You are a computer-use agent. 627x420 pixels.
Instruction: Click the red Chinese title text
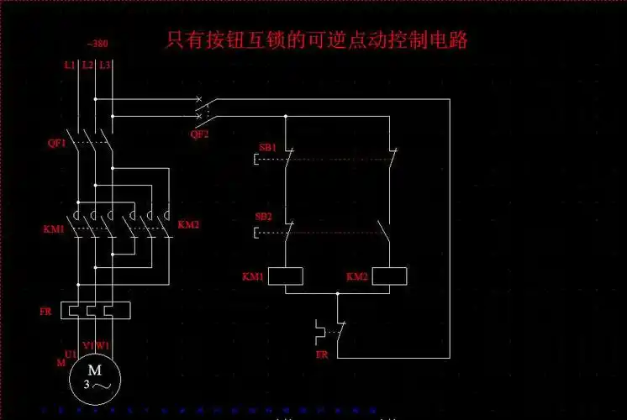point(317,39)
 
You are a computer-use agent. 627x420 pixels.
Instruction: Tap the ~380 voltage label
point(97,44)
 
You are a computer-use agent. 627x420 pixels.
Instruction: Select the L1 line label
point(69,65)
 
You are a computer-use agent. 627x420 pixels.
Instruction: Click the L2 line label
point(87,65)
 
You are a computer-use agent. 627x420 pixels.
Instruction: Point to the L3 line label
point(104,65)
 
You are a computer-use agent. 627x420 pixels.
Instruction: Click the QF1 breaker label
point(56,144)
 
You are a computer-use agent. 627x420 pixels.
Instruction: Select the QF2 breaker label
point(199,134)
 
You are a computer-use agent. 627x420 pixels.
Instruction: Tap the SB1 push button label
point(266,148)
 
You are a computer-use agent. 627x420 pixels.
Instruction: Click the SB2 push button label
point(263,217)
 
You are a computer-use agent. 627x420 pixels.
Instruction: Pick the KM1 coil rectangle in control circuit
point(285,276)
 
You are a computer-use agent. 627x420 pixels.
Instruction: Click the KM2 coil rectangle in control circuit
point(388,276)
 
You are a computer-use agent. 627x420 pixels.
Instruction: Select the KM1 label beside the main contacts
point(53,228)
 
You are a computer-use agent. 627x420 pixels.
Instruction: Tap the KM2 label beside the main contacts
point(188,225)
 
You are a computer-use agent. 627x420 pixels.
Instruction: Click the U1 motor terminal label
point(71,354)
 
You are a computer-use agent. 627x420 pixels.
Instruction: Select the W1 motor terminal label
point(103,345)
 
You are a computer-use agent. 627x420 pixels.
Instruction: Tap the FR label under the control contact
point(321,354)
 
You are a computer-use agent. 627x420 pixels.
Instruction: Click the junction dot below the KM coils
point(337,294)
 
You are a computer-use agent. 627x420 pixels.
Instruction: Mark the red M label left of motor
point(61,363)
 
